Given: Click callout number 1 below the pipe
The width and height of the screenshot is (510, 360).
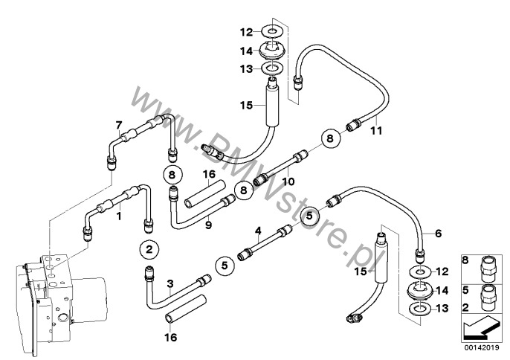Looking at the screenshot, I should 117,216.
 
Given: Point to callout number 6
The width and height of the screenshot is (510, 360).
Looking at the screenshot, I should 438,234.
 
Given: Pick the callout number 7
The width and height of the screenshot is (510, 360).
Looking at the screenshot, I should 117,123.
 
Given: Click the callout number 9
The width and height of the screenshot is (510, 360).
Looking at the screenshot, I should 208,224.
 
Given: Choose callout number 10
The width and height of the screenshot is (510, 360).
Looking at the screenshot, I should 288,181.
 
